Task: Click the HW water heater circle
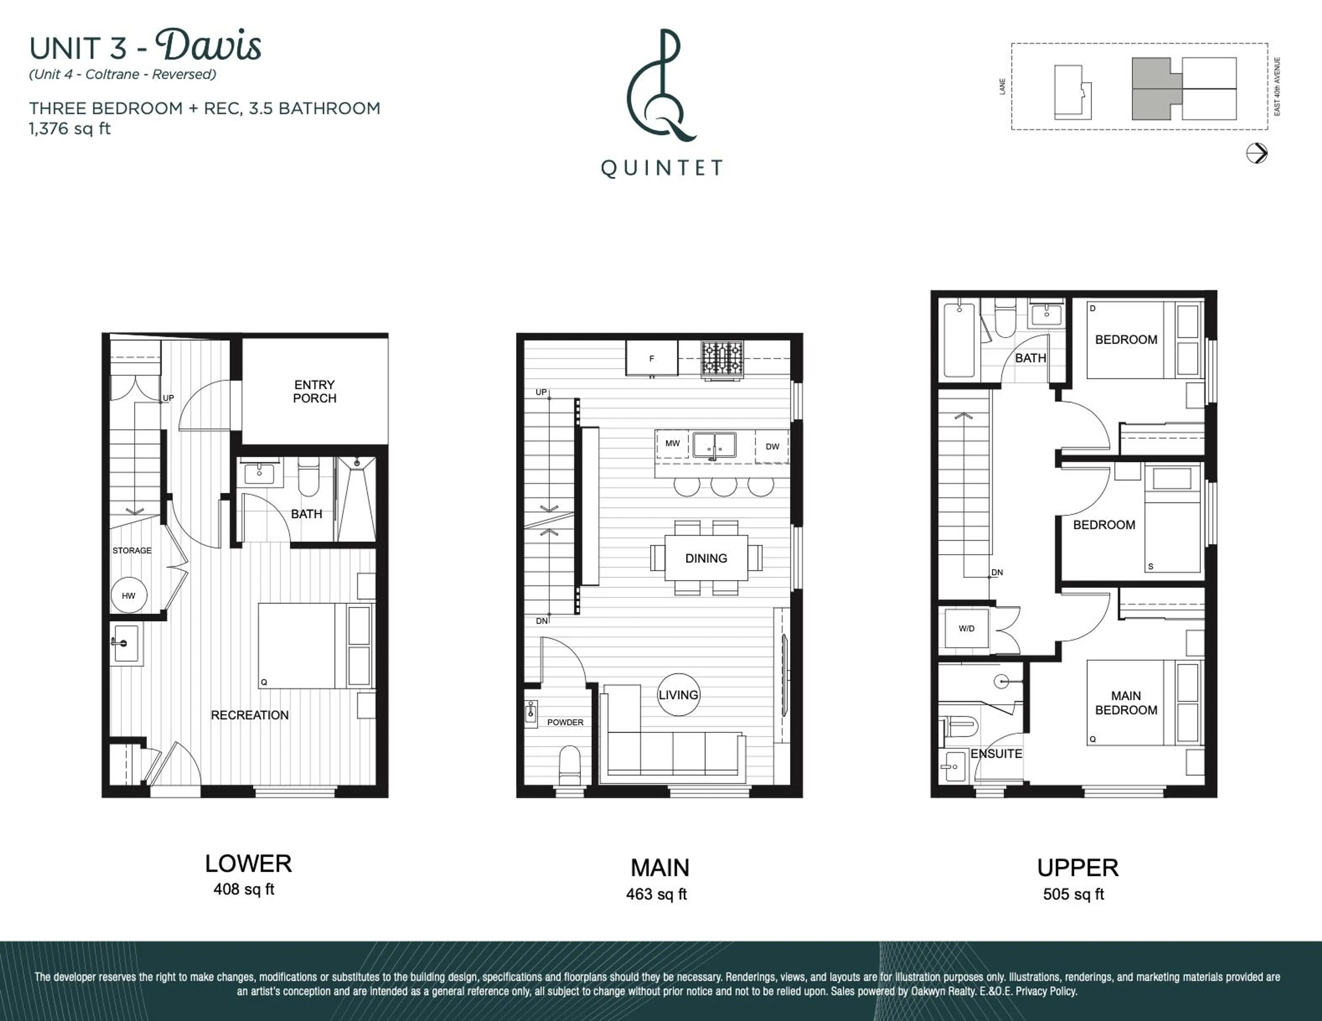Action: click(x=128, y=595)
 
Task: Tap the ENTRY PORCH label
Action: click(x=314, y=391)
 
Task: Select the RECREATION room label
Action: click(x=249, y=715)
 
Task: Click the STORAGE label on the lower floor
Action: click(x=132, y=550)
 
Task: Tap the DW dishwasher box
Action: click(x=772, y=447)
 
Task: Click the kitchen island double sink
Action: click(x=714, y=445)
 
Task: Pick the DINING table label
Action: click(x=706, y=558)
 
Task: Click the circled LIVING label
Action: click(x=679, y=694)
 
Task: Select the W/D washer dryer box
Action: click(x=967, y=629)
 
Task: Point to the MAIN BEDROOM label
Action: click(x=1126, y=703)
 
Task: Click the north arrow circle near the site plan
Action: click(x=1257, y=153)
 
